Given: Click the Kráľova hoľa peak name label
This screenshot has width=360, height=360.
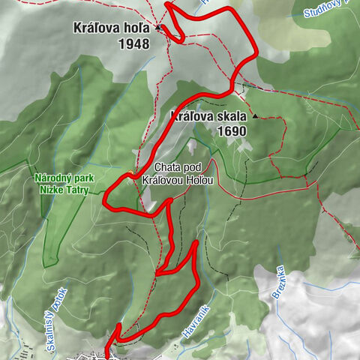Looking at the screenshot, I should click(110, 28).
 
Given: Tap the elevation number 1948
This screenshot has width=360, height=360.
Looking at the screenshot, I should click(133, 43).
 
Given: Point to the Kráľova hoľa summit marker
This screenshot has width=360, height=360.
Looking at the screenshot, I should click(159, 28).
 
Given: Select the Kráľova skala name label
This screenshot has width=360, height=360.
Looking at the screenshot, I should click(209, 116).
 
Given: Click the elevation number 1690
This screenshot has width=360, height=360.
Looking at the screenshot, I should click(230, 130).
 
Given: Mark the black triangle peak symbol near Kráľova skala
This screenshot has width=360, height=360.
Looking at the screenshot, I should click(255, 116).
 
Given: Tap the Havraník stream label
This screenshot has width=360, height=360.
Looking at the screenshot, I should click(191, 315).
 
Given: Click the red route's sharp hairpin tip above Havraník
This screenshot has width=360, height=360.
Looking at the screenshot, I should click(197, 242).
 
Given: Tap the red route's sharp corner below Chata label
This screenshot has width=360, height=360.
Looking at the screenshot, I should click(171, 201).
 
